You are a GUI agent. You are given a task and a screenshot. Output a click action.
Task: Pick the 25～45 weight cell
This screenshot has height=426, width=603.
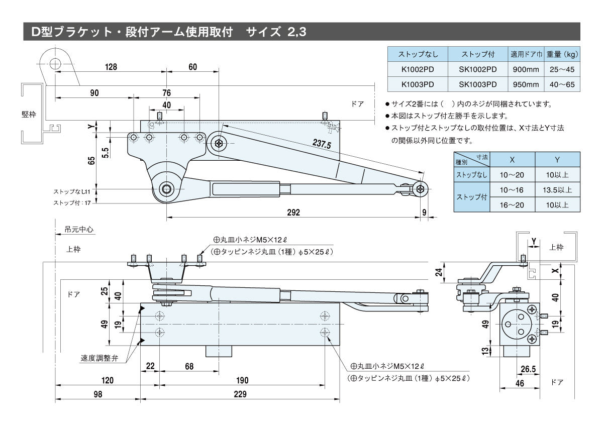coord(562,69)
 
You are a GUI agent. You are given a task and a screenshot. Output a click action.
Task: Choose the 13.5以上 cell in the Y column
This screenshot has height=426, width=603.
coord(557,190)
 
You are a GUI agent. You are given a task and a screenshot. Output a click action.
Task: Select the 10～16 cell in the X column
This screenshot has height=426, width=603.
coord(512,190)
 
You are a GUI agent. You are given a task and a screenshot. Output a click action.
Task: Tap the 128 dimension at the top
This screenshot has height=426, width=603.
coord(111,67)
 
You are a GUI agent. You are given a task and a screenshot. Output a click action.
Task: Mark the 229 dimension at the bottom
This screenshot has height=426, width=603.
coord(240,394)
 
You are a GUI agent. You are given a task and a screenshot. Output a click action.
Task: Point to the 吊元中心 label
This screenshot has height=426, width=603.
coord(79,230)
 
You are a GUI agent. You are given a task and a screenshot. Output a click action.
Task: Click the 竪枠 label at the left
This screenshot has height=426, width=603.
coord(29,114)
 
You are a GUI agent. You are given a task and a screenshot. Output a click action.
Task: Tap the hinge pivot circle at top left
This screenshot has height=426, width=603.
coord(55,63)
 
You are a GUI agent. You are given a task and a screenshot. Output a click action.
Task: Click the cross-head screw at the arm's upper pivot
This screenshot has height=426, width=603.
coord(220,143)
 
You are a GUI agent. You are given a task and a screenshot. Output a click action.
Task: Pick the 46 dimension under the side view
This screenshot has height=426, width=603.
coord(520,383)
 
